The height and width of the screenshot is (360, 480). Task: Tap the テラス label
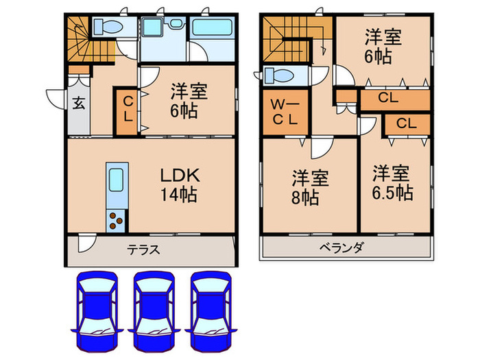point(143,250)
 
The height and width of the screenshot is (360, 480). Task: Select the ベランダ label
point(341,248)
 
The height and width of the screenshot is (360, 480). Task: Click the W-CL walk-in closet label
point(283,111)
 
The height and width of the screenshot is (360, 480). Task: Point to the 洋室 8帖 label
point(310,187)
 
